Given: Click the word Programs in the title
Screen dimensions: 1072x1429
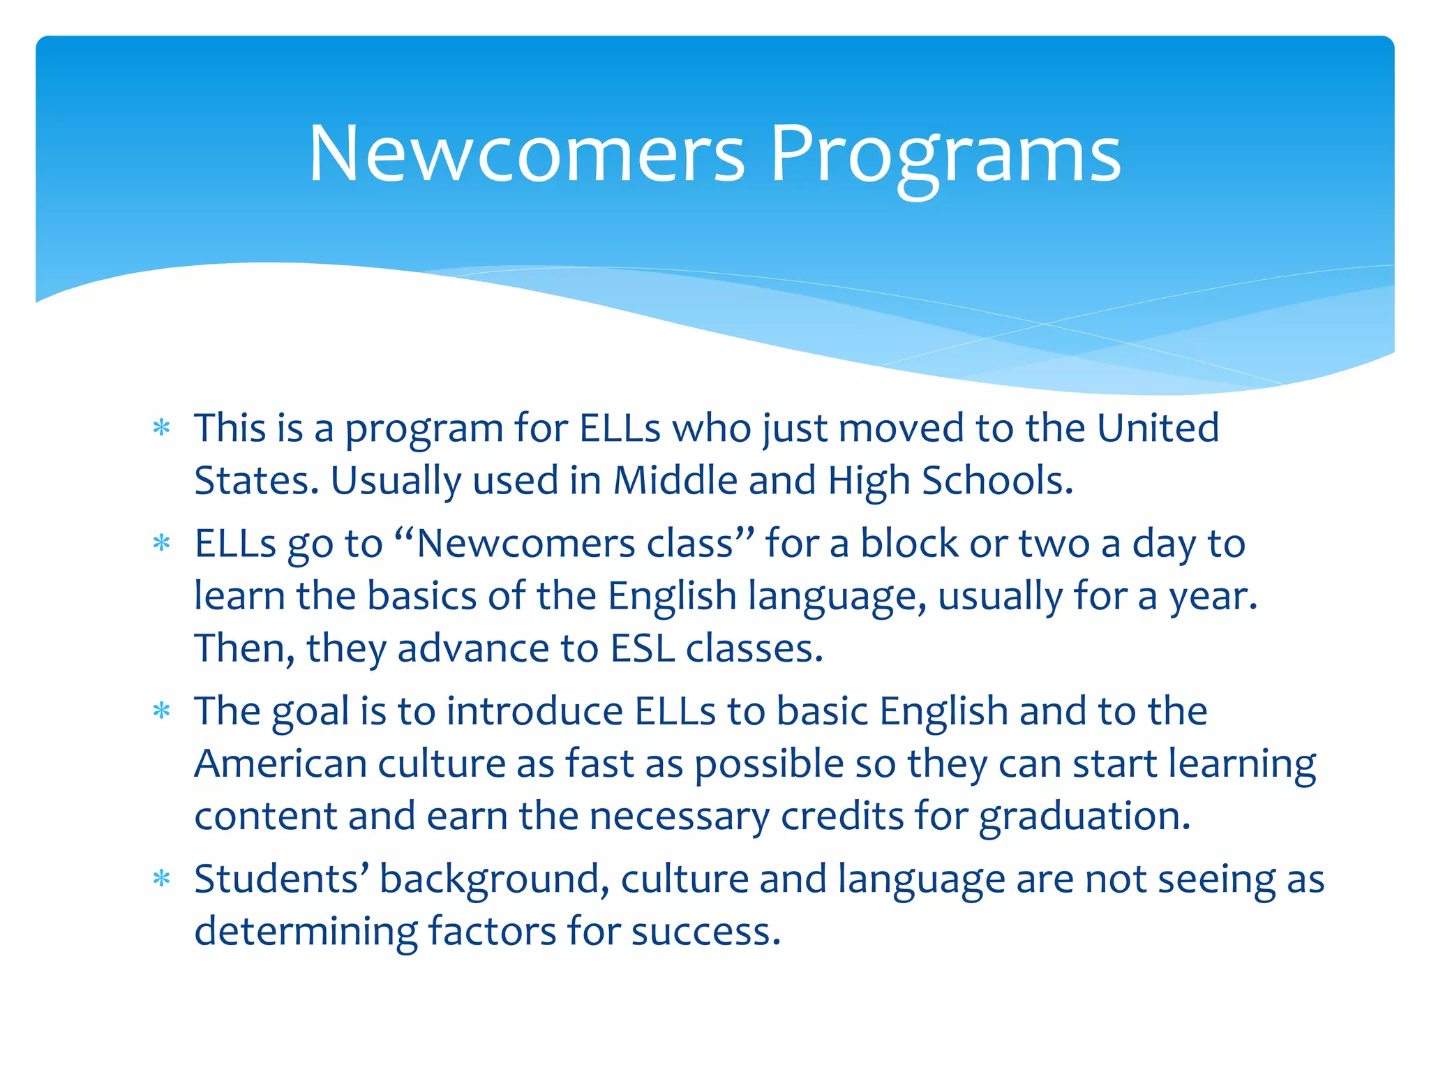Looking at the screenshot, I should pos(945,155).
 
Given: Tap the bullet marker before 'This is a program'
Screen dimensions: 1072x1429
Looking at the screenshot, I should pos(162,427).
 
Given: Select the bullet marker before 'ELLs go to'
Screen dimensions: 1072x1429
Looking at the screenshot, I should pos(162,542).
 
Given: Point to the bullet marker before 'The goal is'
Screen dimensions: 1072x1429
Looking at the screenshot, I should pos(162,710).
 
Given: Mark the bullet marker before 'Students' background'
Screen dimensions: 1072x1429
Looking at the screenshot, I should pos(162,878).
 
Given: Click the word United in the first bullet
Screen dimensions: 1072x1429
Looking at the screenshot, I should pos(1158,427).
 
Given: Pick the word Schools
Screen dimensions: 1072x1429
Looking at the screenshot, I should pos(997,480).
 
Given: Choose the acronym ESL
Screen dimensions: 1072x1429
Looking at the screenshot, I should pos(642,648).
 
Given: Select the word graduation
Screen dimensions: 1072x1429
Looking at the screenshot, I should pos(1084,816).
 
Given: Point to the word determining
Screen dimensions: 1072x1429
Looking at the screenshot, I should pos(306,931).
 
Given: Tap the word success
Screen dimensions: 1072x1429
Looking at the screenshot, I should pos(705,931).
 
